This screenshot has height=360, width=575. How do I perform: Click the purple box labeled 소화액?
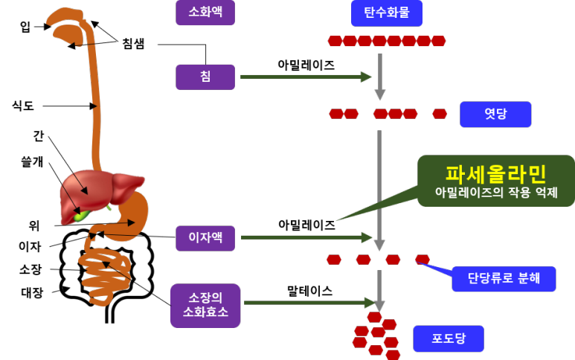tap(205, 13)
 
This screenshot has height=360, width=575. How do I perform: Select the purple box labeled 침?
tap(205, 77)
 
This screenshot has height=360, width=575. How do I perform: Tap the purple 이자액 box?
tap(205, 238)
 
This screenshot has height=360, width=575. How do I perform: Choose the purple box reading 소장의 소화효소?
tap(205, 305)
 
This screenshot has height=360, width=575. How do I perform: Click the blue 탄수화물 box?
tap(386, 13)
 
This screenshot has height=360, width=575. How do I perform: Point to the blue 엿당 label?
tap(495, 115)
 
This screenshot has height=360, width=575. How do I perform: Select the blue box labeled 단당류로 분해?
tap(504, 279)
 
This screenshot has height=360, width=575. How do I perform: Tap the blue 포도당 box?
tap(449, 338)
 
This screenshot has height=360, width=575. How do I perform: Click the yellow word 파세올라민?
tap(495, 173)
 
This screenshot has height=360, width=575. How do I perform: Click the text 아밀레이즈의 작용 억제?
tap(495, 193)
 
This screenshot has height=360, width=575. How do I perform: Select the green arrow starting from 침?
tap(305, 77)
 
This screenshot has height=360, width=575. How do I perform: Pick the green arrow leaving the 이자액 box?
tap(305, 238)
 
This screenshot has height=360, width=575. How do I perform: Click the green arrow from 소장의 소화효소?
tap(309, 303)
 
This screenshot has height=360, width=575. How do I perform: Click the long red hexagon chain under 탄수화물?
tap(387, 41)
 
